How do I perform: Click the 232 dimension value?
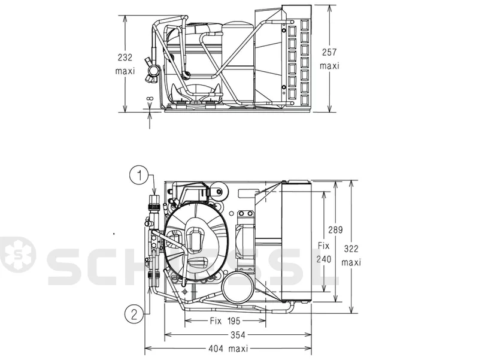tap(125, 57)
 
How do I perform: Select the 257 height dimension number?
tap(329, 52)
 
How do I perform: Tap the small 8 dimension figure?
tap(150, 99)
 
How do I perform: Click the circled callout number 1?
tap(140, 176)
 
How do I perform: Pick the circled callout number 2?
tap(134, 314)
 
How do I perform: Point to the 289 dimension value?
tap(335, 230)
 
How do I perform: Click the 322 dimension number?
tap(351, 249)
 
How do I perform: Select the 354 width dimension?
tap(238, 335)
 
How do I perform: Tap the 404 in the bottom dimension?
tap(216, 349)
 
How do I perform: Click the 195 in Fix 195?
tap(234, 321)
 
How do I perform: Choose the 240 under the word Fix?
tap(323, 259)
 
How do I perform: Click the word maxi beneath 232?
tap(125, 71)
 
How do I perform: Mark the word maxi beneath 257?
tap(329, 66)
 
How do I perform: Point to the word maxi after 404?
tap(238, 349)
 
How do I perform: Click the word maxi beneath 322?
tap(351, 262)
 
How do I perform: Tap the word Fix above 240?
tap(323, 246)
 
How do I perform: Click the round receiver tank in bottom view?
tap(238, 286)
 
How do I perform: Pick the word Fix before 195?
tap(216, 321)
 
